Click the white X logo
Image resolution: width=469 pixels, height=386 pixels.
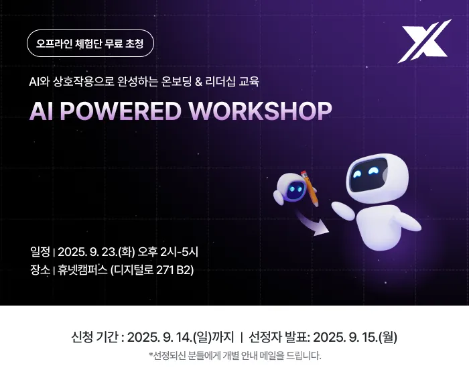(424, 42)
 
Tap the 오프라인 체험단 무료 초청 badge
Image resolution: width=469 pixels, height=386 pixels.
(90, 44)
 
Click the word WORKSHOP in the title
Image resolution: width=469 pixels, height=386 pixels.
(260, 111)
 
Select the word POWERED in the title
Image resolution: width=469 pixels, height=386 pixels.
(121, 111)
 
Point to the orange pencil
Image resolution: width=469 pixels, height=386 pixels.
(309, 188)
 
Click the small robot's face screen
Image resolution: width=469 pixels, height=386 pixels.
(296, 189)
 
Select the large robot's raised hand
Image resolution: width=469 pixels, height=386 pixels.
(343, 210)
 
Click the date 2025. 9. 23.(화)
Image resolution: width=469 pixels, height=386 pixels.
(96, 252)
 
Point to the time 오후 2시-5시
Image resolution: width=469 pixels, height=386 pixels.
(167, 252)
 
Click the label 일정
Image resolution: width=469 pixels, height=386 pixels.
(40, 252)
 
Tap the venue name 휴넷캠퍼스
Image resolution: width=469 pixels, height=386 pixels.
(82, 270)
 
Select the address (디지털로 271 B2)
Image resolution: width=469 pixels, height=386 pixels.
(152, 270)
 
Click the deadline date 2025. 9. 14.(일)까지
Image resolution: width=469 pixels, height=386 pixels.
(181, 337)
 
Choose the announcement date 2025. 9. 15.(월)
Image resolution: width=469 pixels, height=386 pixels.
(355, 337)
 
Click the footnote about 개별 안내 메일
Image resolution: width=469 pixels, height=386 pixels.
(234, 356)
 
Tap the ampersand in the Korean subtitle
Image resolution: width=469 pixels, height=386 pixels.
(198, 82)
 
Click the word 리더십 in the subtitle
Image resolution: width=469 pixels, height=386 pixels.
(220, 82)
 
